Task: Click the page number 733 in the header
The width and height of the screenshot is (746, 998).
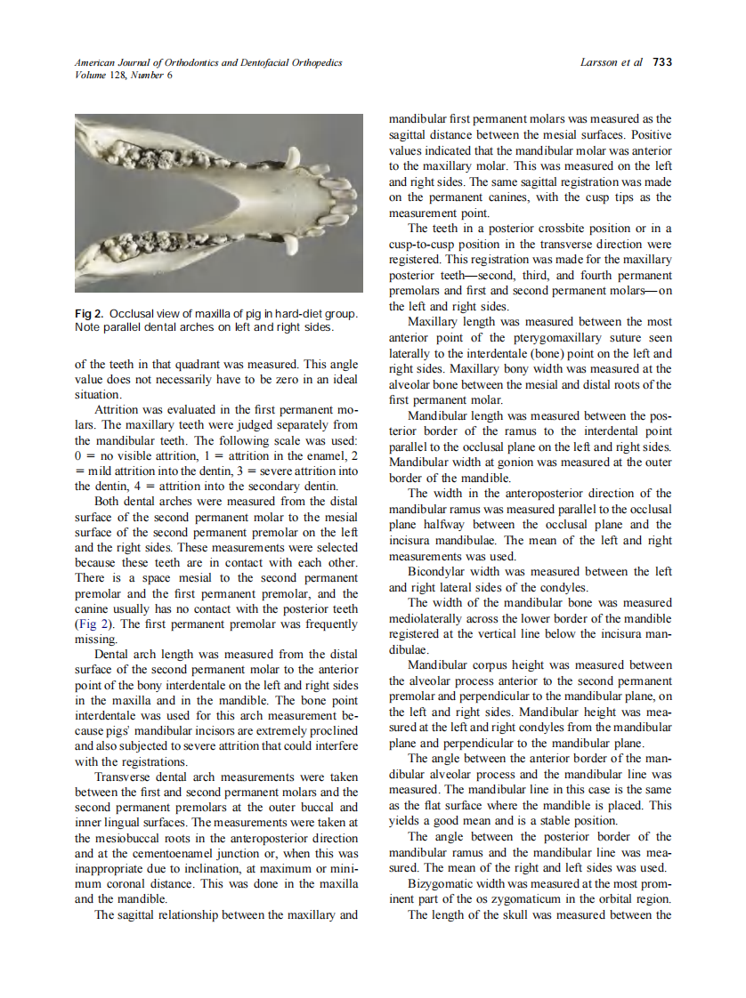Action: click(x=662, y=62)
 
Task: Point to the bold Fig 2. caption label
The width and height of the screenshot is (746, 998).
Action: click(x=90, y=314)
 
